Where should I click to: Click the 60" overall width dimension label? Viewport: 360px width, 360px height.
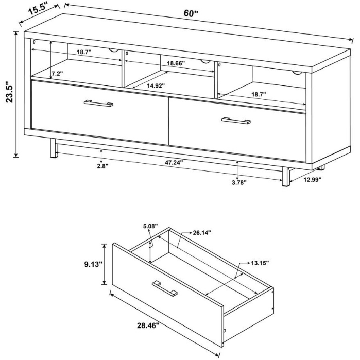(x=190, y=13)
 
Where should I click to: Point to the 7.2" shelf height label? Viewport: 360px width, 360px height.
(x=57, y=74)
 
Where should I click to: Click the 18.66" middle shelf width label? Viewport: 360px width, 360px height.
(x=176, y=63)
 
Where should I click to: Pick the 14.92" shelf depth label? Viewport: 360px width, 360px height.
(x=156, y=86)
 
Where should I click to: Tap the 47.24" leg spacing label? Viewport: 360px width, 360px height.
(x=174, y=162)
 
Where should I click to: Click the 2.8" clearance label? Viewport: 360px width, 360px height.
(x=102, y=166)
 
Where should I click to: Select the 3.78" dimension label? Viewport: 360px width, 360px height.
(x=239, y=182)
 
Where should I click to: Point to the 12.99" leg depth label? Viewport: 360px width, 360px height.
(x=312, y=180)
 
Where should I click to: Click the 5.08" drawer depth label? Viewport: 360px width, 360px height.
(x=150, y=226)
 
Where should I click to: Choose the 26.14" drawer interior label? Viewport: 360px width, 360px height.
(x=202, y=233)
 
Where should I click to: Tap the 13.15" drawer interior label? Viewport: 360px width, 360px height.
(x=260, y=263)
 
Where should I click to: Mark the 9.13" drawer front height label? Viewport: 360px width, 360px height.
(x=93, y=264)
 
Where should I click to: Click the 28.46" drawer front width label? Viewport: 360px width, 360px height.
(x=148, y=326)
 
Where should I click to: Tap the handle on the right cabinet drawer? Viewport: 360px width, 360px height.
(x=236, y=121)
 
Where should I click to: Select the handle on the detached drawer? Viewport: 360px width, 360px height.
(x=165, y=288)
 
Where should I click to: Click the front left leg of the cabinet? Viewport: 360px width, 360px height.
(x=53, y=148)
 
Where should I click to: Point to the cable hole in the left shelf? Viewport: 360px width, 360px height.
(x=114, y=50)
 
